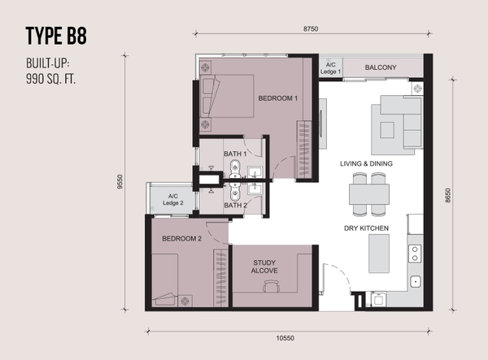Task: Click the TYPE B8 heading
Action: click(56, 36)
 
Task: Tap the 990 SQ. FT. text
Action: click(50, 80)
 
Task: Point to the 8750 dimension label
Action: click(311, 29)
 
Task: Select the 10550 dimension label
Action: click(285, 338)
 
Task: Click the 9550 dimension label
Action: click(120, 181)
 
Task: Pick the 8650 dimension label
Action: click(447, 196)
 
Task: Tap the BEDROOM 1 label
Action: click(278, 98)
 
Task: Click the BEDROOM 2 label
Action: click(181, 238)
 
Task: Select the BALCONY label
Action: click(381, 67)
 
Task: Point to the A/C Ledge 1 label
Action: click(330, 68)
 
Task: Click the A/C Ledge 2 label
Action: click(173, 200)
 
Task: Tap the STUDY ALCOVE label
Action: click(264, 267)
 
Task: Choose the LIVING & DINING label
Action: click(366, 163)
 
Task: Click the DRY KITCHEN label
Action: click(366, 228)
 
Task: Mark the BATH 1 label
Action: click(235, 154)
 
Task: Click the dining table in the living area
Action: click(369, 194)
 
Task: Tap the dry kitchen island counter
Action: click(379, 254)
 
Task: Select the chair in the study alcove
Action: click(271, 286)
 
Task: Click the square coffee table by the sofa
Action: click(387, 130)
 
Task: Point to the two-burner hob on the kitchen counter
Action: click(415, 254)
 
